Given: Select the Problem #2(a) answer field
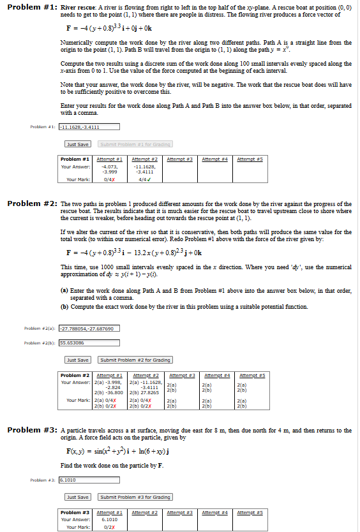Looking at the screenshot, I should tap(89, 329).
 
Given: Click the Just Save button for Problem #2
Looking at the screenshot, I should tap(77, 360).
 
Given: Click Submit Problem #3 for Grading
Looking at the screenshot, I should tap(135, 497).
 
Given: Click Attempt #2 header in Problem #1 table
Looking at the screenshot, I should tap(144, 158).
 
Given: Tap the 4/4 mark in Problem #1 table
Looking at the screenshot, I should tap(144, 179).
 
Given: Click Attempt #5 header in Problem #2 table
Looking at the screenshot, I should tap(251, 375).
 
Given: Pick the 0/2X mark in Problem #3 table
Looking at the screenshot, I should tap(109, 527).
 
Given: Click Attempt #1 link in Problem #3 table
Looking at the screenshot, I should tap(109, 512).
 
